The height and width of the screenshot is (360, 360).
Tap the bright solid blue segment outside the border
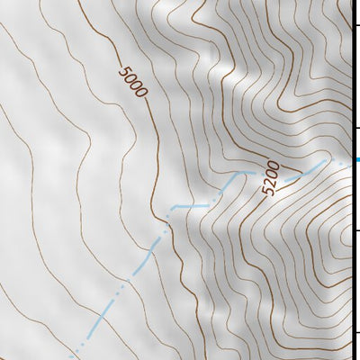click(x=356, y=160)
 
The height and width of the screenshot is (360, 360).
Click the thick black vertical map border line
click(x=351, y=90)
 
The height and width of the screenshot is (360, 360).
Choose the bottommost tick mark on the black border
click(x=355, y=333)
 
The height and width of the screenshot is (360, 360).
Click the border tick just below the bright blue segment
click(x=355, y=230)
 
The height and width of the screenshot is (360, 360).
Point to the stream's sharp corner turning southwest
click(x=168, y=213)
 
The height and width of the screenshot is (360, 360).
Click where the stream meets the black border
click(x=350, y=160)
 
